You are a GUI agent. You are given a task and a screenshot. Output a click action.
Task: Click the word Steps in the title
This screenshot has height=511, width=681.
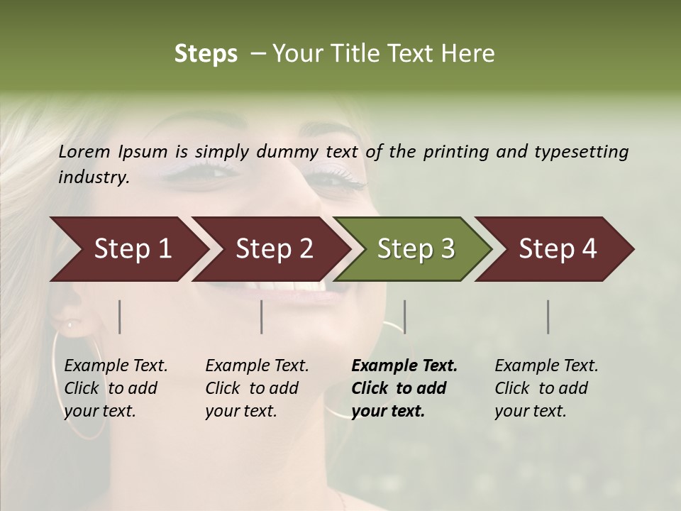pos(206,54)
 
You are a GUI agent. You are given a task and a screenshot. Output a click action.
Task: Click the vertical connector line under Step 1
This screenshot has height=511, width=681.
pos(119,317)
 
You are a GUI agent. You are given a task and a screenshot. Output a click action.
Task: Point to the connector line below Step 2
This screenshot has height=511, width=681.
pos(262,317)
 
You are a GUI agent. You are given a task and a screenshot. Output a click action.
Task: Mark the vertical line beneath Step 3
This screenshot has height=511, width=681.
pos(404,317)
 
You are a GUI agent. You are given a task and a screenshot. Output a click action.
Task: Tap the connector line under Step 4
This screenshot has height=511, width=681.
pos(548,317)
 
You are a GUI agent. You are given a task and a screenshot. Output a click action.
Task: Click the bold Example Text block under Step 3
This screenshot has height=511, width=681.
pos(404,388)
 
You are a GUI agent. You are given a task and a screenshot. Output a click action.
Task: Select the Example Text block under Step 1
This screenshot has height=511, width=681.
pos(116,388)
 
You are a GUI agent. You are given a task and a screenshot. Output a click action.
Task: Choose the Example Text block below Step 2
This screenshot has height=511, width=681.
pos(257,388)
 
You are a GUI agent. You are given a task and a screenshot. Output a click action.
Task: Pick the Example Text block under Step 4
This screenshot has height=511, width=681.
pos(546,388)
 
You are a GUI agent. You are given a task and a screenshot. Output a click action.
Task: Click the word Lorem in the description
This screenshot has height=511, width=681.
pos(84,151)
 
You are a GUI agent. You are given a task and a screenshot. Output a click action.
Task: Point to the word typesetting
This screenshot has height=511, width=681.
pos(581,152)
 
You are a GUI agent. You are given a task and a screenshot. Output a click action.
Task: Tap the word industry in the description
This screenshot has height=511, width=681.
pos(94,177)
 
